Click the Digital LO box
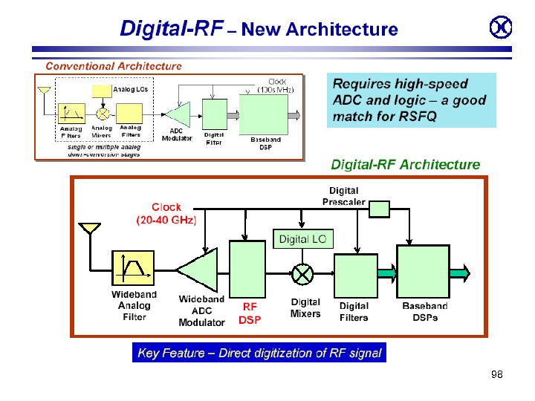pos(302,239)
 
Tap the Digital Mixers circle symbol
pos(302,274)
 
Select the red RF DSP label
pos(250,313)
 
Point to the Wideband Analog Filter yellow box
pos(133,267)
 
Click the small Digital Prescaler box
pos(379,209)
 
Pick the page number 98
pos(497,374)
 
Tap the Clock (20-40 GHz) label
pos(166,214)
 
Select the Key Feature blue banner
pos(259,353)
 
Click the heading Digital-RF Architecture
pos(405,164)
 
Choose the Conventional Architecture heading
pos(114,66)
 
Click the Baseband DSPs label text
pos(425,311)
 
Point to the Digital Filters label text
pos(354,311)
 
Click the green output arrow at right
pos(460,274)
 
